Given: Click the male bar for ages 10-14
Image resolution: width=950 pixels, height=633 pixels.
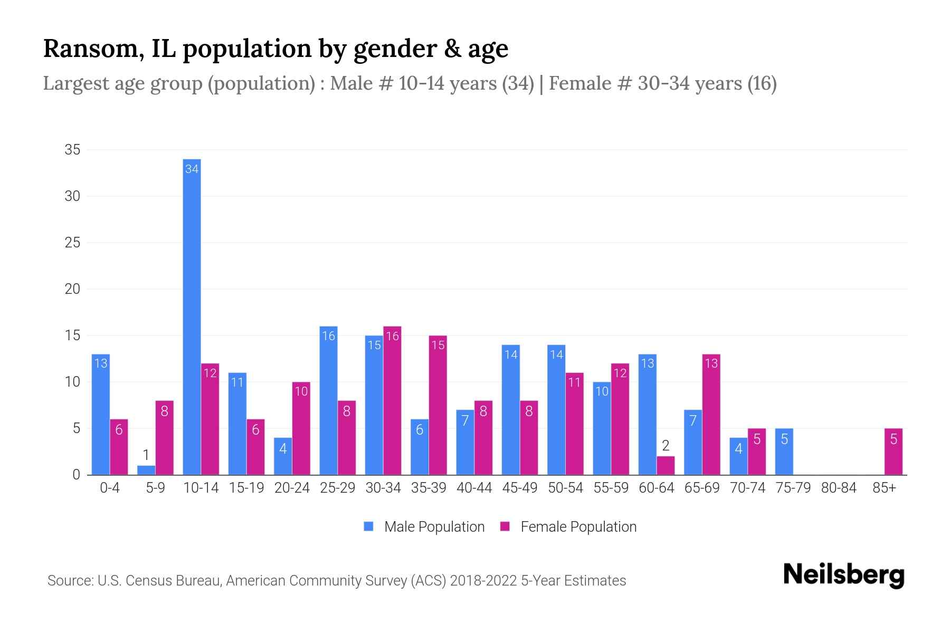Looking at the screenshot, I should tap(192, 316).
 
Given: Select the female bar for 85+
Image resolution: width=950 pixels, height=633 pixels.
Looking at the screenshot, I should tap(893, 452).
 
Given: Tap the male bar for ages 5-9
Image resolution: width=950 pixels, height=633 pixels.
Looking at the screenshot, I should tap(146, 470).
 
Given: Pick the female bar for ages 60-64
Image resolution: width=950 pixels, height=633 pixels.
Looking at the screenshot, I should tap(666, 465).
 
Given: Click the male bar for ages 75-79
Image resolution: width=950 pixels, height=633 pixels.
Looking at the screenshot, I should tap(784, 452).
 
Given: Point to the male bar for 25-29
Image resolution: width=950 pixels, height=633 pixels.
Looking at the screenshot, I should tap(328, 400).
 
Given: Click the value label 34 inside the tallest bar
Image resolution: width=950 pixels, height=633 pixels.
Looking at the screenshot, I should tap(192, 169).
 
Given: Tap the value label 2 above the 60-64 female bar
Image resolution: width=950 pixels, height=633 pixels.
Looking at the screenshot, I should tap(666, 446).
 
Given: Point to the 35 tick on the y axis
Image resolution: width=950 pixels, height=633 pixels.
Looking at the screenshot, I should tap(72, 150).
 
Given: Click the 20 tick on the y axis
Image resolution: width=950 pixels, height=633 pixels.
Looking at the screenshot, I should tap(72, 289).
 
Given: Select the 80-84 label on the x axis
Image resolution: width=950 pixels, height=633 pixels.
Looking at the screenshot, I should tap(839, 488).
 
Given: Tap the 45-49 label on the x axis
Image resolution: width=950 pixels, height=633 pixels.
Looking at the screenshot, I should tap(519, 488).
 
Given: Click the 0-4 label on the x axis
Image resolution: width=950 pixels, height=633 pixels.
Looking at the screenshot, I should tap(110, 488).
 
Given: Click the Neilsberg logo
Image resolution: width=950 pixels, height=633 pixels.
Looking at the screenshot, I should tap(843, 575).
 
